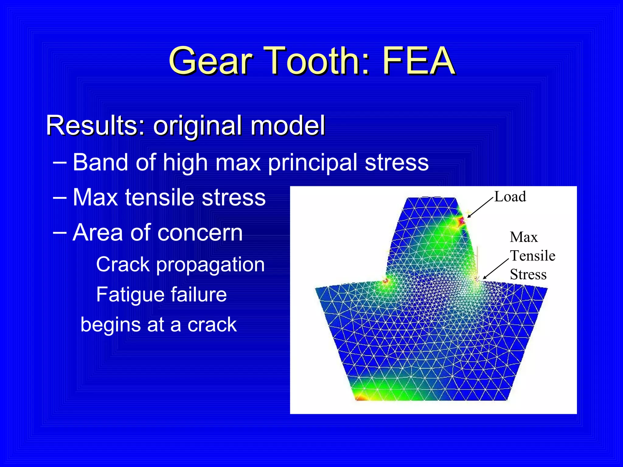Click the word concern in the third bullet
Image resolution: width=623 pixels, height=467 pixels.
[x=201, y=233]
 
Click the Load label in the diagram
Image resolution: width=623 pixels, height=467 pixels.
[x=510, y=197]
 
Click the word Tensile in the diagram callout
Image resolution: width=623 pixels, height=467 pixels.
[x=532, y=256]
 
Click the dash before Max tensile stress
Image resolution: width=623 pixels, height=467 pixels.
[x=60, y=198]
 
